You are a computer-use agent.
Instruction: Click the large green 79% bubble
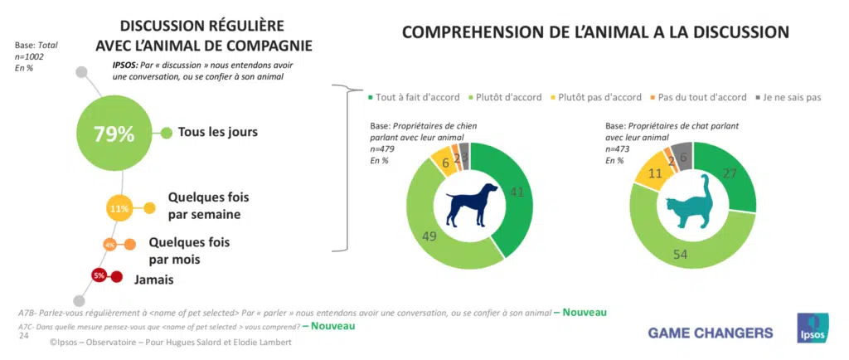click(114, 134)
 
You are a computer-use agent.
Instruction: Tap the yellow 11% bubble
click(120, 208)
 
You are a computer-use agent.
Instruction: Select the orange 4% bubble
click(109, 245)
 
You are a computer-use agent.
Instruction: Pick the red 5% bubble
click(99, 275)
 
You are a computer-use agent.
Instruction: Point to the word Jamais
click(154, 280)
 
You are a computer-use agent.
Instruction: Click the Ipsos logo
click(813, 328)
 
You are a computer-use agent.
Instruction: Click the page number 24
click(25, 335)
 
